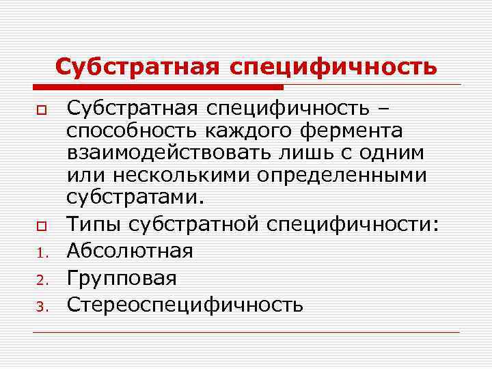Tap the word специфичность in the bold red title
pos(334,67)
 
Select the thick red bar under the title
pos(157,87)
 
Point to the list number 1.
pos(40,253)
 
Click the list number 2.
pos(40,279)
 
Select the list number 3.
pos(40,305)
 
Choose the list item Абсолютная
pos(130,250)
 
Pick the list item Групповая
pos(122,277)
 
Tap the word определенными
pos(342,176)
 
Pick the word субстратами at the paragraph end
pos(133,198)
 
